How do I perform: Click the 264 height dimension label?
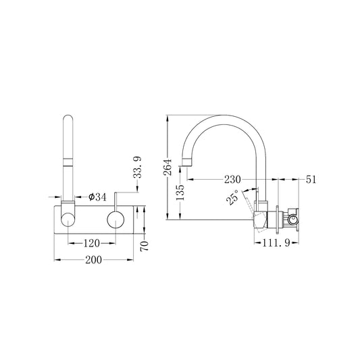[x=168, y=167]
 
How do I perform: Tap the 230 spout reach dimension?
[x=232, y=180]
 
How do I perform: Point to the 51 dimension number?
[x=311, y=180]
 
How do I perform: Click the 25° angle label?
[x=232, y=197]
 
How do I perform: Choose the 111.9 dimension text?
[x=276, y=242]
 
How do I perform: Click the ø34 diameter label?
[x=97, y=197]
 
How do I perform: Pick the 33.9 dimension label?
[x=138, y=168]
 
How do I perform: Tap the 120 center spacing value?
[x=91, y=243]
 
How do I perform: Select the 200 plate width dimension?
[x=93, y=260]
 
